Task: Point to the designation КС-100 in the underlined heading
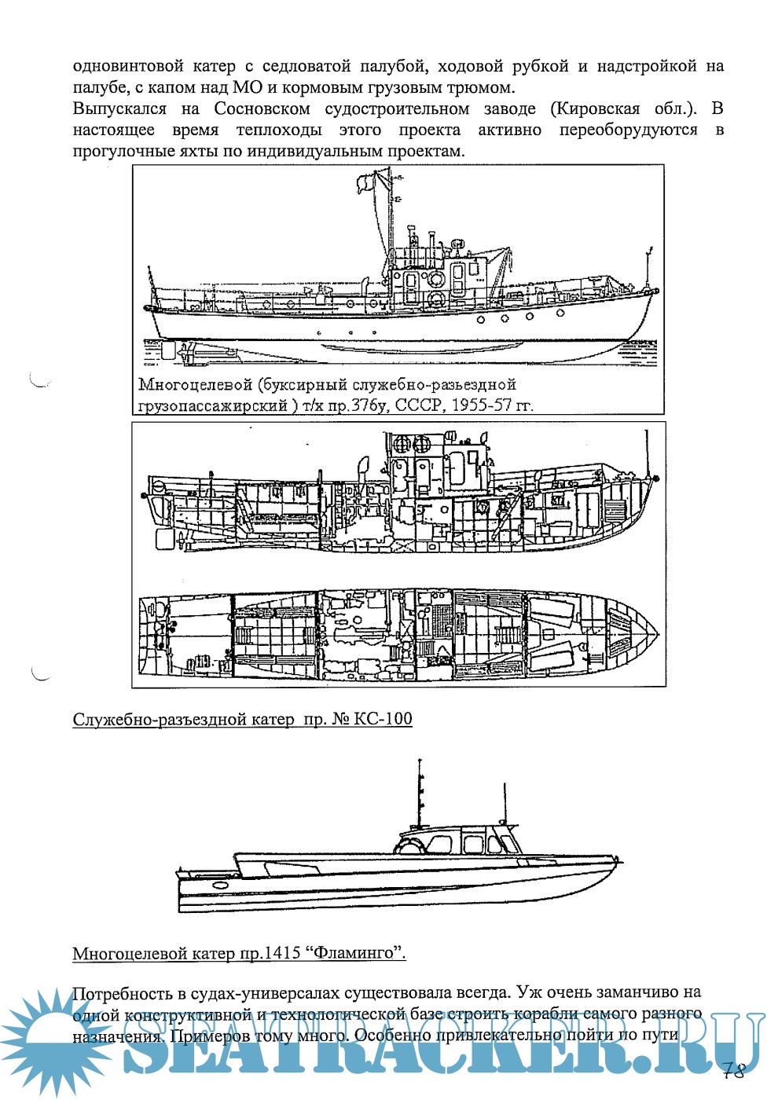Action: click(383, 719)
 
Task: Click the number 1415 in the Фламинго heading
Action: click(283, 953)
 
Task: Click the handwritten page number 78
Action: click(733, 1071)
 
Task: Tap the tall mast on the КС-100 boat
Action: click(421, 794)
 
